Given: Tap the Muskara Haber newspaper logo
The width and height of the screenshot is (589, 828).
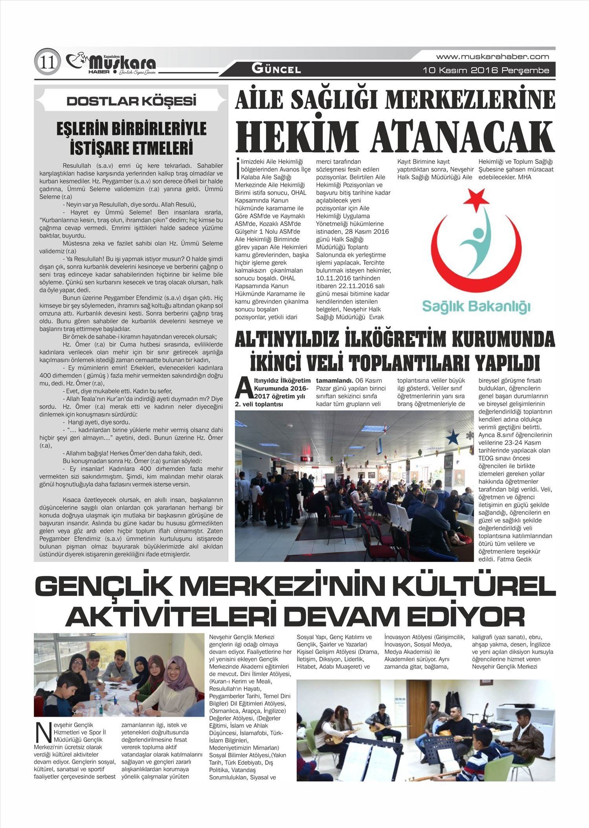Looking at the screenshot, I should tap(112, 63).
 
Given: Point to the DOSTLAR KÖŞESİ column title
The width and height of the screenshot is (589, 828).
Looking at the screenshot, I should tap(131, 101).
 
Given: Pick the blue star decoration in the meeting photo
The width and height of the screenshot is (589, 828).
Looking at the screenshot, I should tap(453, 435).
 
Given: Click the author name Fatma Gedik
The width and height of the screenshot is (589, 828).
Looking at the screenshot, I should tap(514, 559).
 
